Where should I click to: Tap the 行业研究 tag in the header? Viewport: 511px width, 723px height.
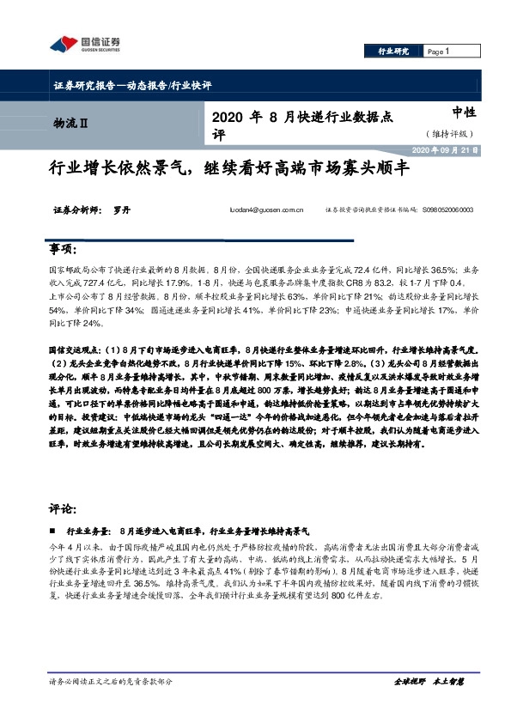(394, 52)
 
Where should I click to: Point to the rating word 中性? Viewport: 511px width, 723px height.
(465, 112)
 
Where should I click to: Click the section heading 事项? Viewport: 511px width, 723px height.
(64, 248)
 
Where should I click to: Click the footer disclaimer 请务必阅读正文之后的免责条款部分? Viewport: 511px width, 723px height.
(112, 682)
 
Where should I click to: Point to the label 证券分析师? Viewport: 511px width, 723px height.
(76, 209)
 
